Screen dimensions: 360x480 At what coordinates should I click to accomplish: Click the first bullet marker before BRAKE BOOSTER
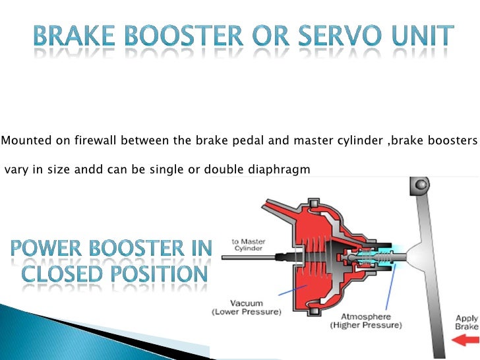(x=20, y=40)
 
